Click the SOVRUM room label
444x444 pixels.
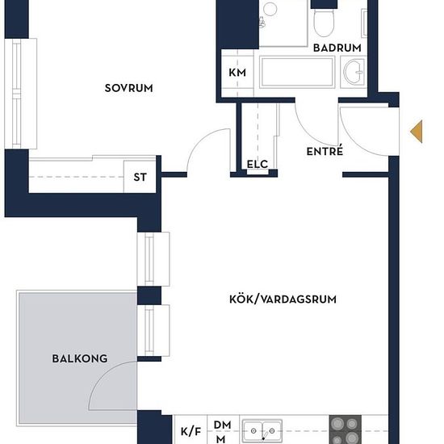pyautogui.click(x=129, y=88)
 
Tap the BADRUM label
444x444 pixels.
pyautogui.click(x=337, y=48)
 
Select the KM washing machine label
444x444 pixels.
pyautogui.click(x=237, y=73)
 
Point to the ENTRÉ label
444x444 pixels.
pyautogui.click(x=325, y=151)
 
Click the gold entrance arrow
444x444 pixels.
pyautogui.click(x=417, y=132)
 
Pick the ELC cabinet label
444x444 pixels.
pyautogui.click(x=258, y=164)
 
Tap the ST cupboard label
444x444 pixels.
pyautogui.click(x=140, y=178)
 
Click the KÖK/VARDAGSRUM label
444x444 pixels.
pyautogui.click(x=283, y=299)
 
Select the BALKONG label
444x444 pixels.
pyautogui.click(x=80, y=358)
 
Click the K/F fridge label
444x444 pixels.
pyautogui.click(x=191, y=431)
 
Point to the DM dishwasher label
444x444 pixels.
pyautogui.click(x=223, y=425)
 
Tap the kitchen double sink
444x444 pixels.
pyautogui.click(x=262, y=431)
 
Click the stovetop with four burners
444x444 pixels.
pyautogui.click(x=346, y=429)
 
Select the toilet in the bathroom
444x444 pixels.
pyautogui.click(x=324, y=22)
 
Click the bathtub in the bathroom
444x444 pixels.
pyautogui.click(x=297, y=72)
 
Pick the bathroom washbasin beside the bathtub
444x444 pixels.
pyautogui.click(x=354, y=72)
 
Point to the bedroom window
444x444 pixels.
pyautogui.click(x=21, y=94)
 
